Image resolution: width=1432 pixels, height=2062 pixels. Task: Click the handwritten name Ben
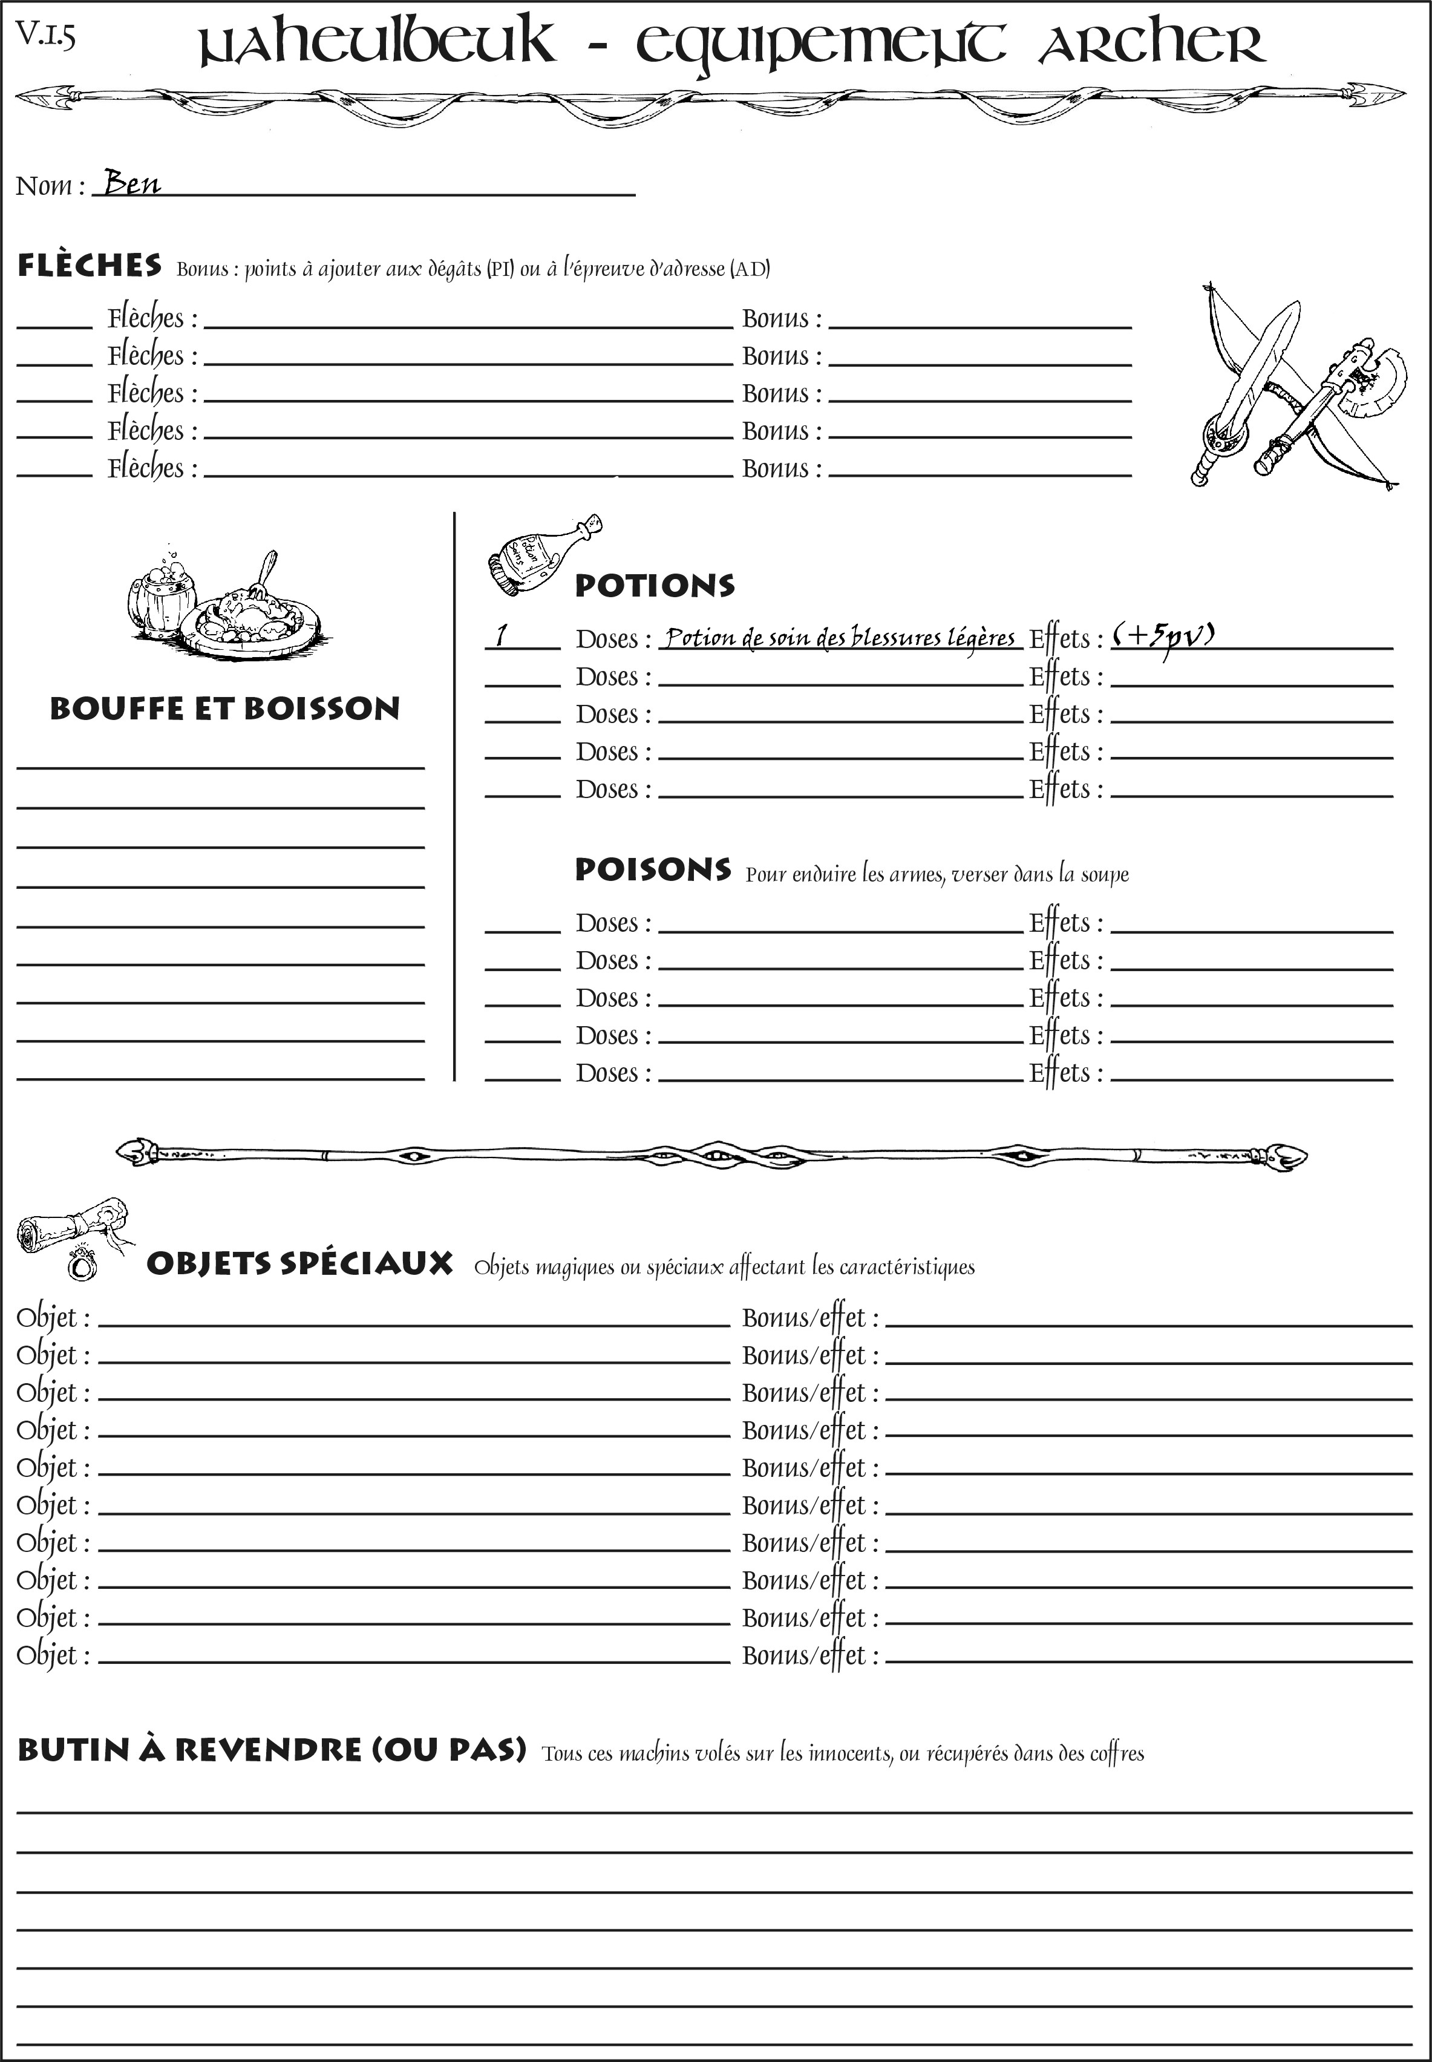coord(132,183)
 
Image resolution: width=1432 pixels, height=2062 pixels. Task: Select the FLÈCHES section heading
coord(90,266)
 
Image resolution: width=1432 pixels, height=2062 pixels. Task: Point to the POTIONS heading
coord(654,586)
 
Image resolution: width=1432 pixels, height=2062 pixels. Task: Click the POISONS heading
coord(652,869)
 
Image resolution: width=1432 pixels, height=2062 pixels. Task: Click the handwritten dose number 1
coord(502,635)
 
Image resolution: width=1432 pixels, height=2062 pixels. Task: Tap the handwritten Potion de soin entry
coord(840,637)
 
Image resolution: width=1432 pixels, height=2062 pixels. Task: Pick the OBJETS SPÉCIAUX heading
coord(299,1263)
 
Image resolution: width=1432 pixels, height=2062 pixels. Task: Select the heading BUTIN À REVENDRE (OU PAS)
coord(271,1750)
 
